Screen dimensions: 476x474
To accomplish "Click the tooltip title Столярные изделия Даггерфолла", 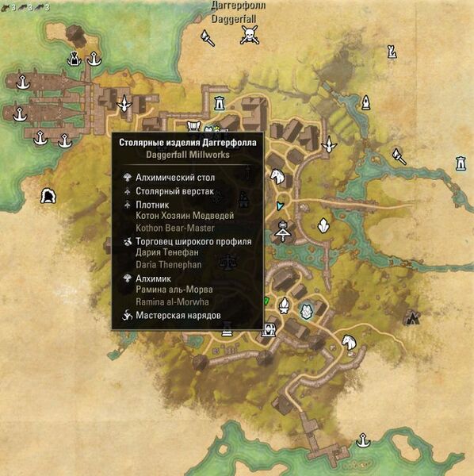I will pos(188,144).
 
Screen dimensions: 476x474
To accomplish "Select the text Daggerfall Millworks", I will pos(188,155).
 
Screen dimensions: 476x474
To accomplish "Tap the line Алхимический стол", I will pos(175,178).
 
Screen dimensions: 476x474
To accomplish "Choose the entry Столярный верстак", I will pos(175,191).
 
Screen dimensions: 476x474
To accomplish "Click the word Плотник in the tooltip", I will pos(155,204).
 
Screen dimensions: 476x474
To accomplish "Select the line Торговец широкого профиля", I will pos(194,241).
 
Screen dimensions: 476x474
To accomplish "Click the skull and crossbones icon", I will pos(250,34).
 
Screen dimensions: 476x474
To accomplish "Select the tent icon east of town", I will pos(411,317).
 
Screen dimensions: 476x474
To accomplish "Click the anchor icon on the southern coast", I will pos(363,440).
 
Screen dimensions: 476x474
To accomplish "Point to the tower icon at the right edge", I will pos(461,163).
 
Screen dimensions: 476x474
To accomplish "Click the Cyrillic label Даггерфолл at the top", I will pos(238,6).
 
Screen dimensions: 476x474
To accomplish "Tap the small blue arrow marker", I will pos(279,205).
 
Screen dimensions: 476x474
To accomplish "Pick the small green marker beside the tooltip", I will pos(266,301).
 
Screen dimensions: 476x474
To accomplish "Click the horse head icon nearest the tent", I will pos(349,340).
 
